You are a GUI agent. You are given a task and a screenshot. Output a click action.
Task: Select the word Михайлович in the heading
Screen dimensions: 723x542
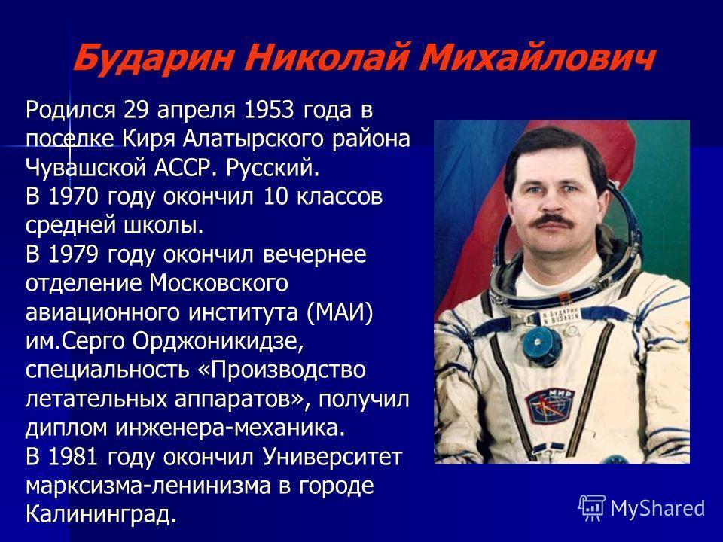pyautogui.click(x=535, y=58)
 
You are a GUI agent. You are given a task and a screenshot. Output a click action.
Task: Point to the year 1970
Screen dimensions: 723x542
pyautogui.click(x=73, y=196)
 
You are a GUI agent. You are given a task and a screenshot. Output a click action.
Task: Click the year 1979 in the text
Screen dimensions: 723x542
pyautogui.click(x=73, y=255)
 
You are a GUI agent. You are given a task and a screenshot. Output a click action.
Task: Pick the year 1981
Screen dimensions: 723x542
pyautogui.click(x=73, y=457)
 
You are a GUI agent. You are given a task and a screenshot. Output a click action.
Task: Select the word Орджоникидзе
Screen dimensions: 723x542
pyautogui.click(x=218, y=342)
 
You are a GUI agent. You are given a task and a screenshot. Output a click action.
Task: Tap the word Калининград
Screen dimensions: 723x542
pyautogui.click(x=101, y=515)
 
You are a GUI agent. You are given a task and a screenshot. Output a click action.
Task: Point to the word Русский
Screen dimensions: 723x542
pyautogui.click(x=273, y=169)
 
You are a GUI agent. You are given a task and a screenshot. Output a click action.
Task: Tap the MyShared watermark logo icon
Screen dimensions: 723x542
pyautogui.click(x=592, y=508)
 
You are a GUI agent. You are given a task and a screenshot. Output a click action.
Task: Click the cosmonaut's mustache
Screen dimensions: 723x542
pyautogui.click(x=551, y=221)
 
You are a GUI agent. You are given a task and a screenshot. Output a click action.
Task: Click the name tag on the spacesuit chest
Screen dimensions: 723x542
pyautogui.click(x=559, y=315)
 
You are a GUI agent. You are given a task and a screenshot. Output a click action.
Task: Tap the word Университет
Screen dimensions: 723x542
pyautogui.click(x=332, y=458)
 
